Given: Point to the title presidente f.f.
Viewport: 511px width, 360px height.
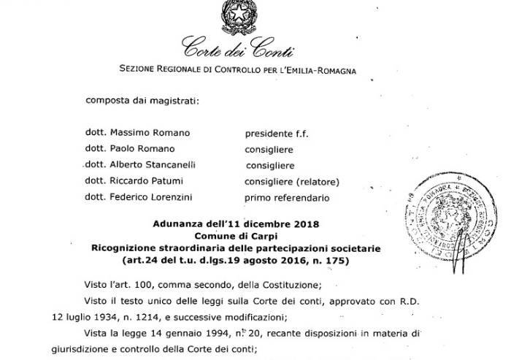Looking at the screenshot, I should coord(273,134).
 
